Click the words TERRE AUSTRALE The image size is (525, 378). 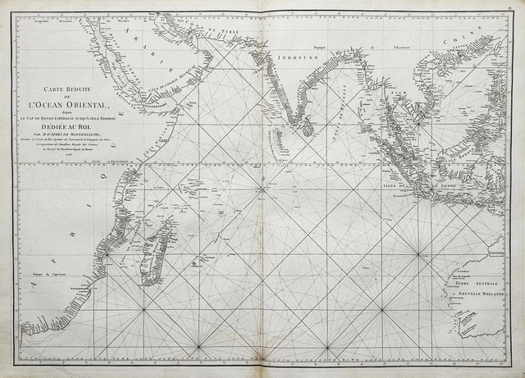(483, 282)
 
